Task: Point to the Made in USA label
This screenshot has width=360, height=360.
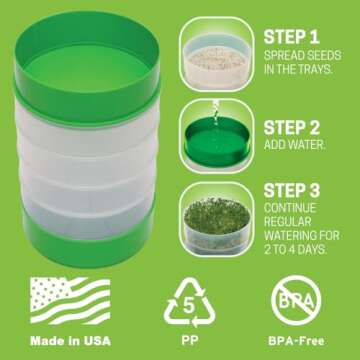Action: [x=70, y=341]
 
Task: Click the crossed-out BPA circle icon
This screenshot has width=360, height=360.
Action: [x=297, y=297]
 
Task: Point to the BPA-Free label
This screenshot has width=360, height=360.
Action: [x=297, y=341]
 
